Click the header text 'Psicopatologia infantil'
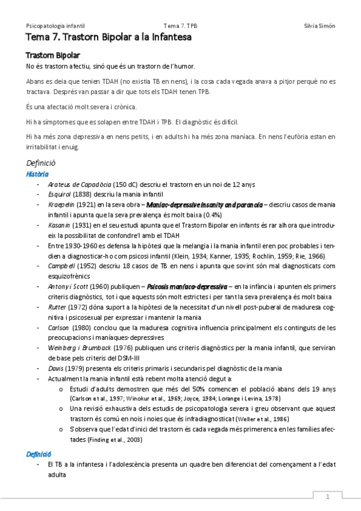(55, 27)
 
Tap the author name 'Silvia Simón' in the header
(320, 27)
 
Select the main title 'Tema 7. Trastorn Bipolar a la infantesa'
(108, 38)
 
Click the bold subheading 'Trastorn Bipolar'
(49, 55)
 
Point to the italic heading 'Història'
(38, 174)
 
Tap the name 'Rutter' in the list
(57, 307)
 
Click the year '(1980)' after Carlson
(81, 328)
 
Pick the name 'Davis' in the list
(55, 368)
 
